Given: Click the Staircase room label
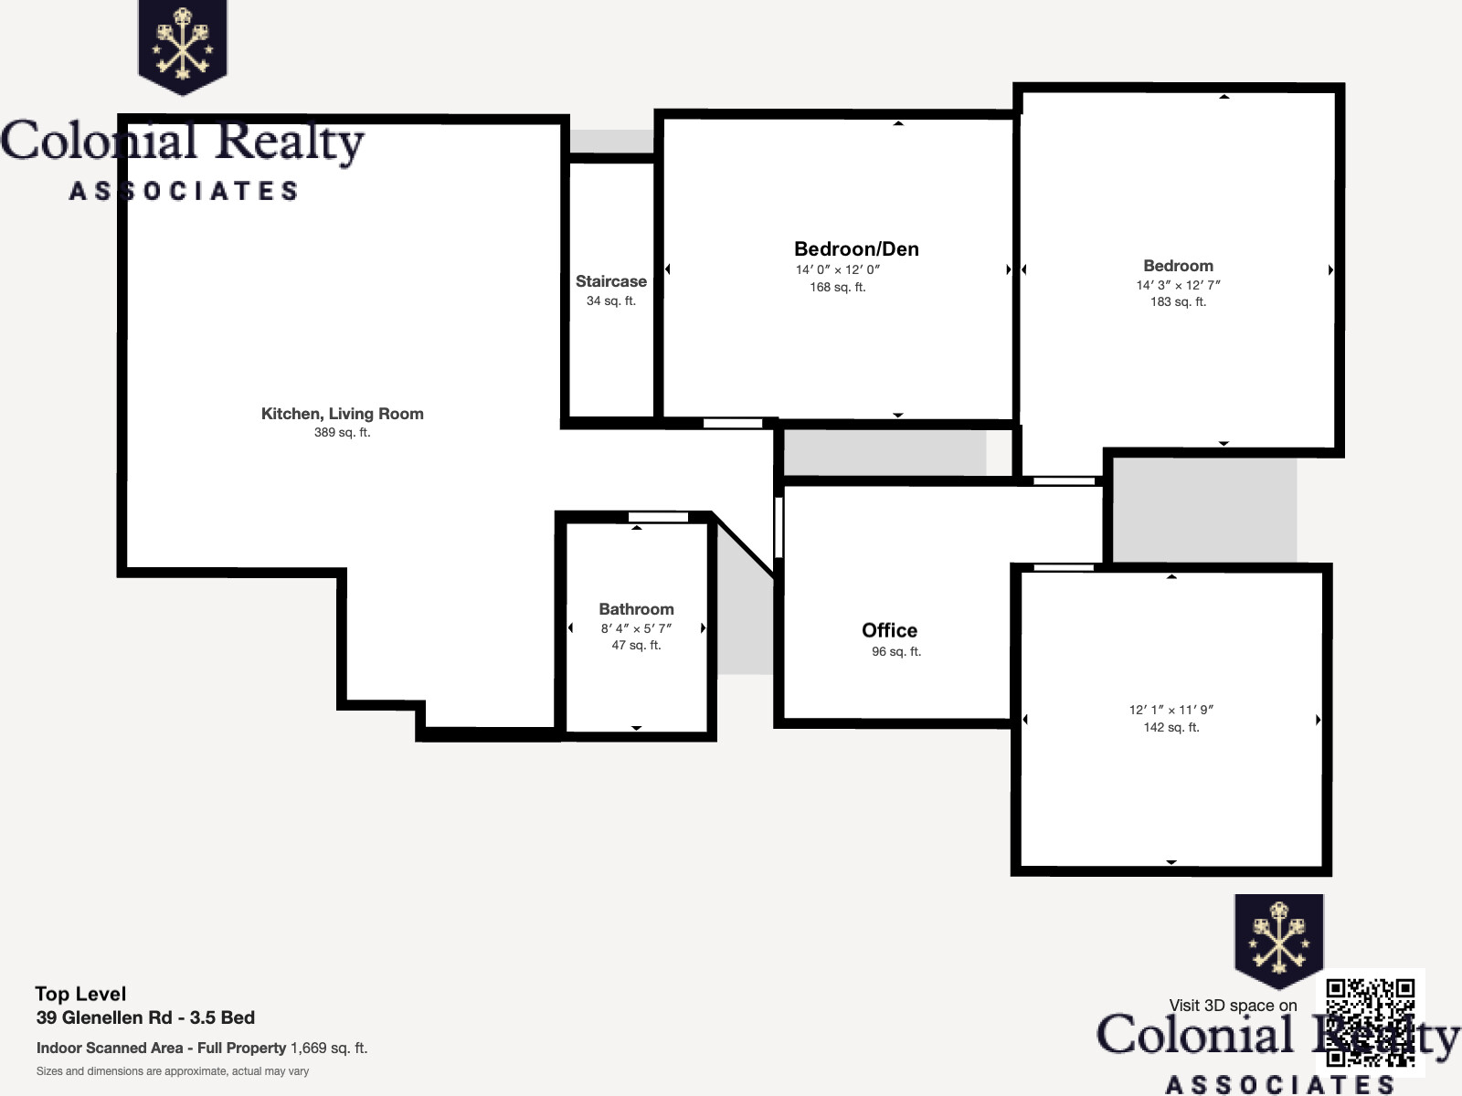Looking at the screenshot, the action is click(610, 281).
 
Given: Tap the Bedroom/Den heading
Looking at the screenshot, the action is click(856, 248).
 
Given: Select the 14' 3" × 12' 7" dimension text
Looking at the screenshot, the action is click(1178, 285).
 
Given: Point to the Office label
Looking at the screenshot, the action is click(889, 630).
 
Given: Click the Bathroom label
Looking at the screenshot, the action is click(636, 609).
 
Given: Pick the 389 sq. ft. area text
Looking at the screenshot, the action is click(343, 433).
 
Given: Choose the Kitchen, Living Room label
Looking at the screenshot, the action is click(343, 414).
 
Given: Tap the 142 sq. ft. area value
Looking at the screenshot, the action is click(1171, 727).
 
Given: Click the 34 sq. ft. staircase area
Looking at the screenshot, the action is click(610, 300).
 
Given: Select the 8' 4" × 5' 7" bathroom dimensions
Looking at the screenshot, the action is click(636, 628).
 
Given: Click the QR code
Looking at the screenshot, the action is click(1371, 1022).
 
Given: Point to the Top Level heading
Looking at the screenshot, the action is click(80, 995).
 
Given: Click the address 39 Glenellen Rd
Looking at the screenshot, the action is click(104, 1017).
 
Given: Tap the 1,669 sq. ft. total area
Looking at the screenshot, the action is click(329, 1049).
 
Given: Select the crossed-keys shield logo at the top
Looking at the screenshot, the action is click(183, 47).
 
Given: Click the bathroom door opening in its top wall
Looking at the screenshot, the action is click(658, 517).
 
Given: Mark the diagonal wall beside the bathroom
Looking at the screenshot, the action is click(743, 544).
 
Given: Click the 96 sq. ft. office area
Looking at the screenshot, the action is click(896, 651).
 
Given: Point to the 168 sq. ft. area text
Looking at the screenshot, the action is click(838, 288).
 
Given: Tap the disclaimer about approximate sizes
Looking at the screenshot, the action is click(173, 1071).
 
